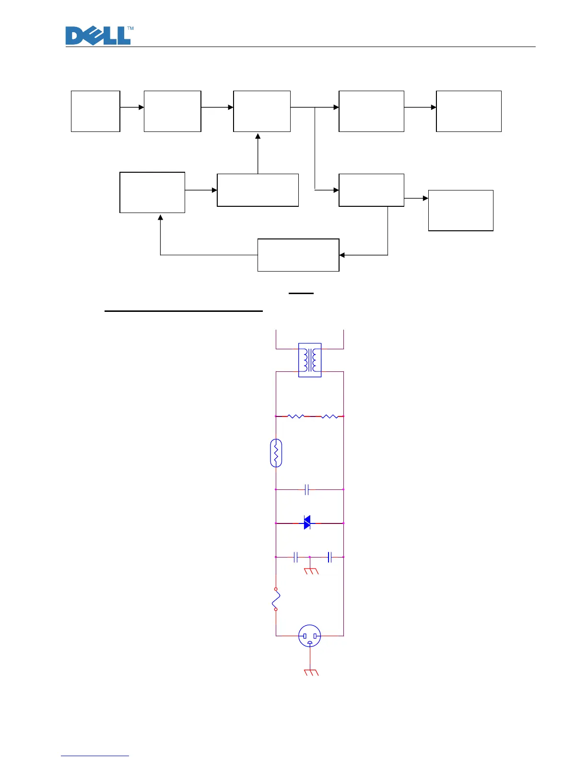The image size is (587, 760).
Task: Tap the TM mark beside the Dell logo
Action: tap(130, 29)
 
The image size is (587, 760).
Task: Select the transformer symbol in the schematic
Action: tap(310, 360)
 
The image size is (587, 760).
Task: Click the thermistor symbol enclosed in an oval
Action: tap(276, 453)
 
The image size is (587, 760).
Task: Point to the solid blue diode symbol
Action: tap(307, 522)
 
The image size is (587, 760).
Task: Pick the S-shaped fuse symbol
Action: tap(276, 599)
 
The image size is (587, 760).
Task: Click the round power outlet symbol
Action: tap(310, 636)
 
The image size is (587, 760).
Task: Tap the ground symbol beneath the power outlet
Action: tap(311, 672)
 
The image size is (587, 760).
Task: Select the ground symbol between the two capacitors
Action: tap(311, 570)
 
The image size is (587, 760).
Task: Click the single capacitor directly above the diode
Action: tap(307, 490)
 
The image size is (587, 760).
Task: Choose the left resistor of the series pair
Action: tap(296, 416)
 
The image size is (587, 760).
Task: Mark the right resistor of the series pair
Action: tap(329, 416)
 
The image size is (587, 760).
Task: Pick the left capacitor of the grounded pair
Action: tap(296, 557)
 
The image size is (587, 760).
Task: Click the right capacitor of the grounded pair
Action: tap(329, 557)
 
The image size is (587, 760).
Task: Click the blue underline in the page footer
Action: tap(95, 756)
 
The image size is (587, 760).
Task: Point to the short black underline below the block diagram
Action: tap(301, 293)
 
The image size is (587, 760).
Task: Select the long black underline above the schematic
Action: tap(184, 311)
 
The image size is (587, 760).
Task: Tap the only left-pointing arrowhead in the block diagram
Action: tap(342, 255)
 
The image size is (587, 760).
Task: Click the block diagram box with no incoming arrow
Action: tap(95, 111)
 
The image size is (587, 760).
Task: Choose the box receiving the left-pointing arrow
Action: tap(298, 255)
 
